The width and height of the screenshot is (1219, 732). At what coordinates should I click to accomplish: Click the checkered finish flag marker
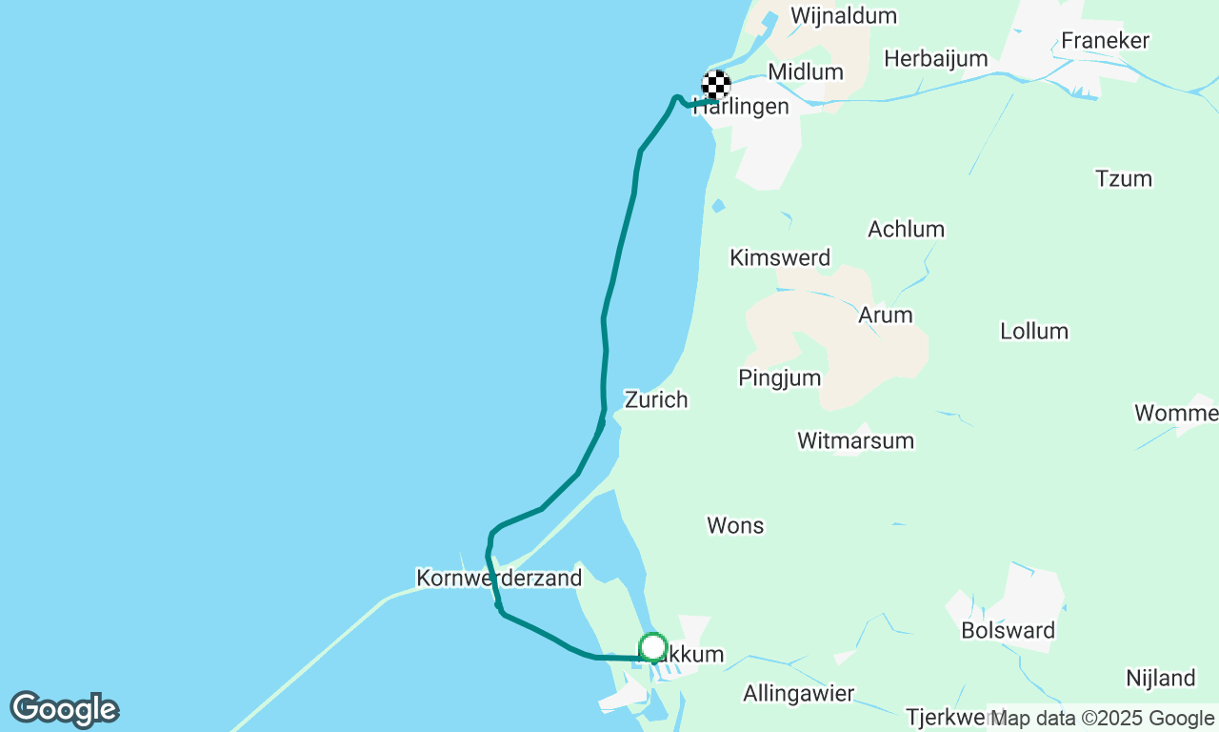[x=716, y=85]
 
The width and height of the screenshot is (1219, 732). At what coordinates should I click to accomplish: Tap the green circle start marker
[x=652, y=647]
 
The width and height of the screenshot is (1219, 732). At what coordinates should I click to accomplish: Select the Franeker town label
[x=1105, y=41]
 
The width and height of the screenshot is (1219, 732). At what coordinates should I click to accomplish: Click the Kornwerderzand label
[x=498, y=578]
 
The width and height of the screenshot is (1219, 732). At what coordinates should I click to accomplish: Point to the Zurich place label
[x=656, y=399]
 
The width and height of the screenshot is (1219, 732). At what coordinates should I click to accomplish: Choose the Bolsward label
[x=1008, y=630]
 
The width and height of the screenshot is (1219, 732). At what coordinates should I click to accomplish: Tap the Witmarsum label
[x=855, y=440]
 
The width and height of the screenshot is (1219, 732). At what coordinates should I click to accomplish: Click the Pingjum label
[x=779, y=377]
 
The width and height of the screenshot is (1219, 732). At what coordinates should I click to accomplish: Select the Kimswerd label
[x=779, y=257]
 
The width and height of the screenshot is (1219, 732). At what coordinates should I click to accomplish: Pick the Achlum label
[x=906, y=229]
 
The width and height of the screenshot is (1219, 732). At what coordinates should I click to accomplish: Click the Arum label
[x=885, y=315]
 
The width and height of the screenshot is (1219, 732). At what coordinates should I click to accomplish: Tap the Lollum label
[x=1033, y=331]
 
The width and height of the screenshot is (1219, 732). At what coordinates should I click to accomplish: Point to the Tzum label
[x=1123, y=178]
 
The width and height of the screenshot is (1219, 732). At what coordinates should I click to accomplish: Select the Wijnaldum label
[x=843, y=16]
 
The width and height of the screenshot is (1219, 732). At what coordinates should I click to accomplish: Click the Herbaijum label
[x=935, y=59]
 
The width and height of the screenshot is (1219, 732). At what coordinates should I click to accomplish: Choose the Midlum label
[x=805, y=71]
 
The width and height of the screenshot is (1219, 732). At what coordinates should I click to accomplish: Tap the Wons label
[x=735, y=525]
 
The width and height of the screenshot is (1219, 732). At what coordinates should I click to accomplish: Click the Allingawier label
[x=798, y=693]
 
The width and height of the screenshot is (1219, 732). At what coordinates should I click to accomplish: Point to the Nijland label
[x=1160, y=679]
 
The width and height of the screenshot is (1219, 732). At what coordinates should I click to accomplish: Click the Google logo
[x=64, y=710]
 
